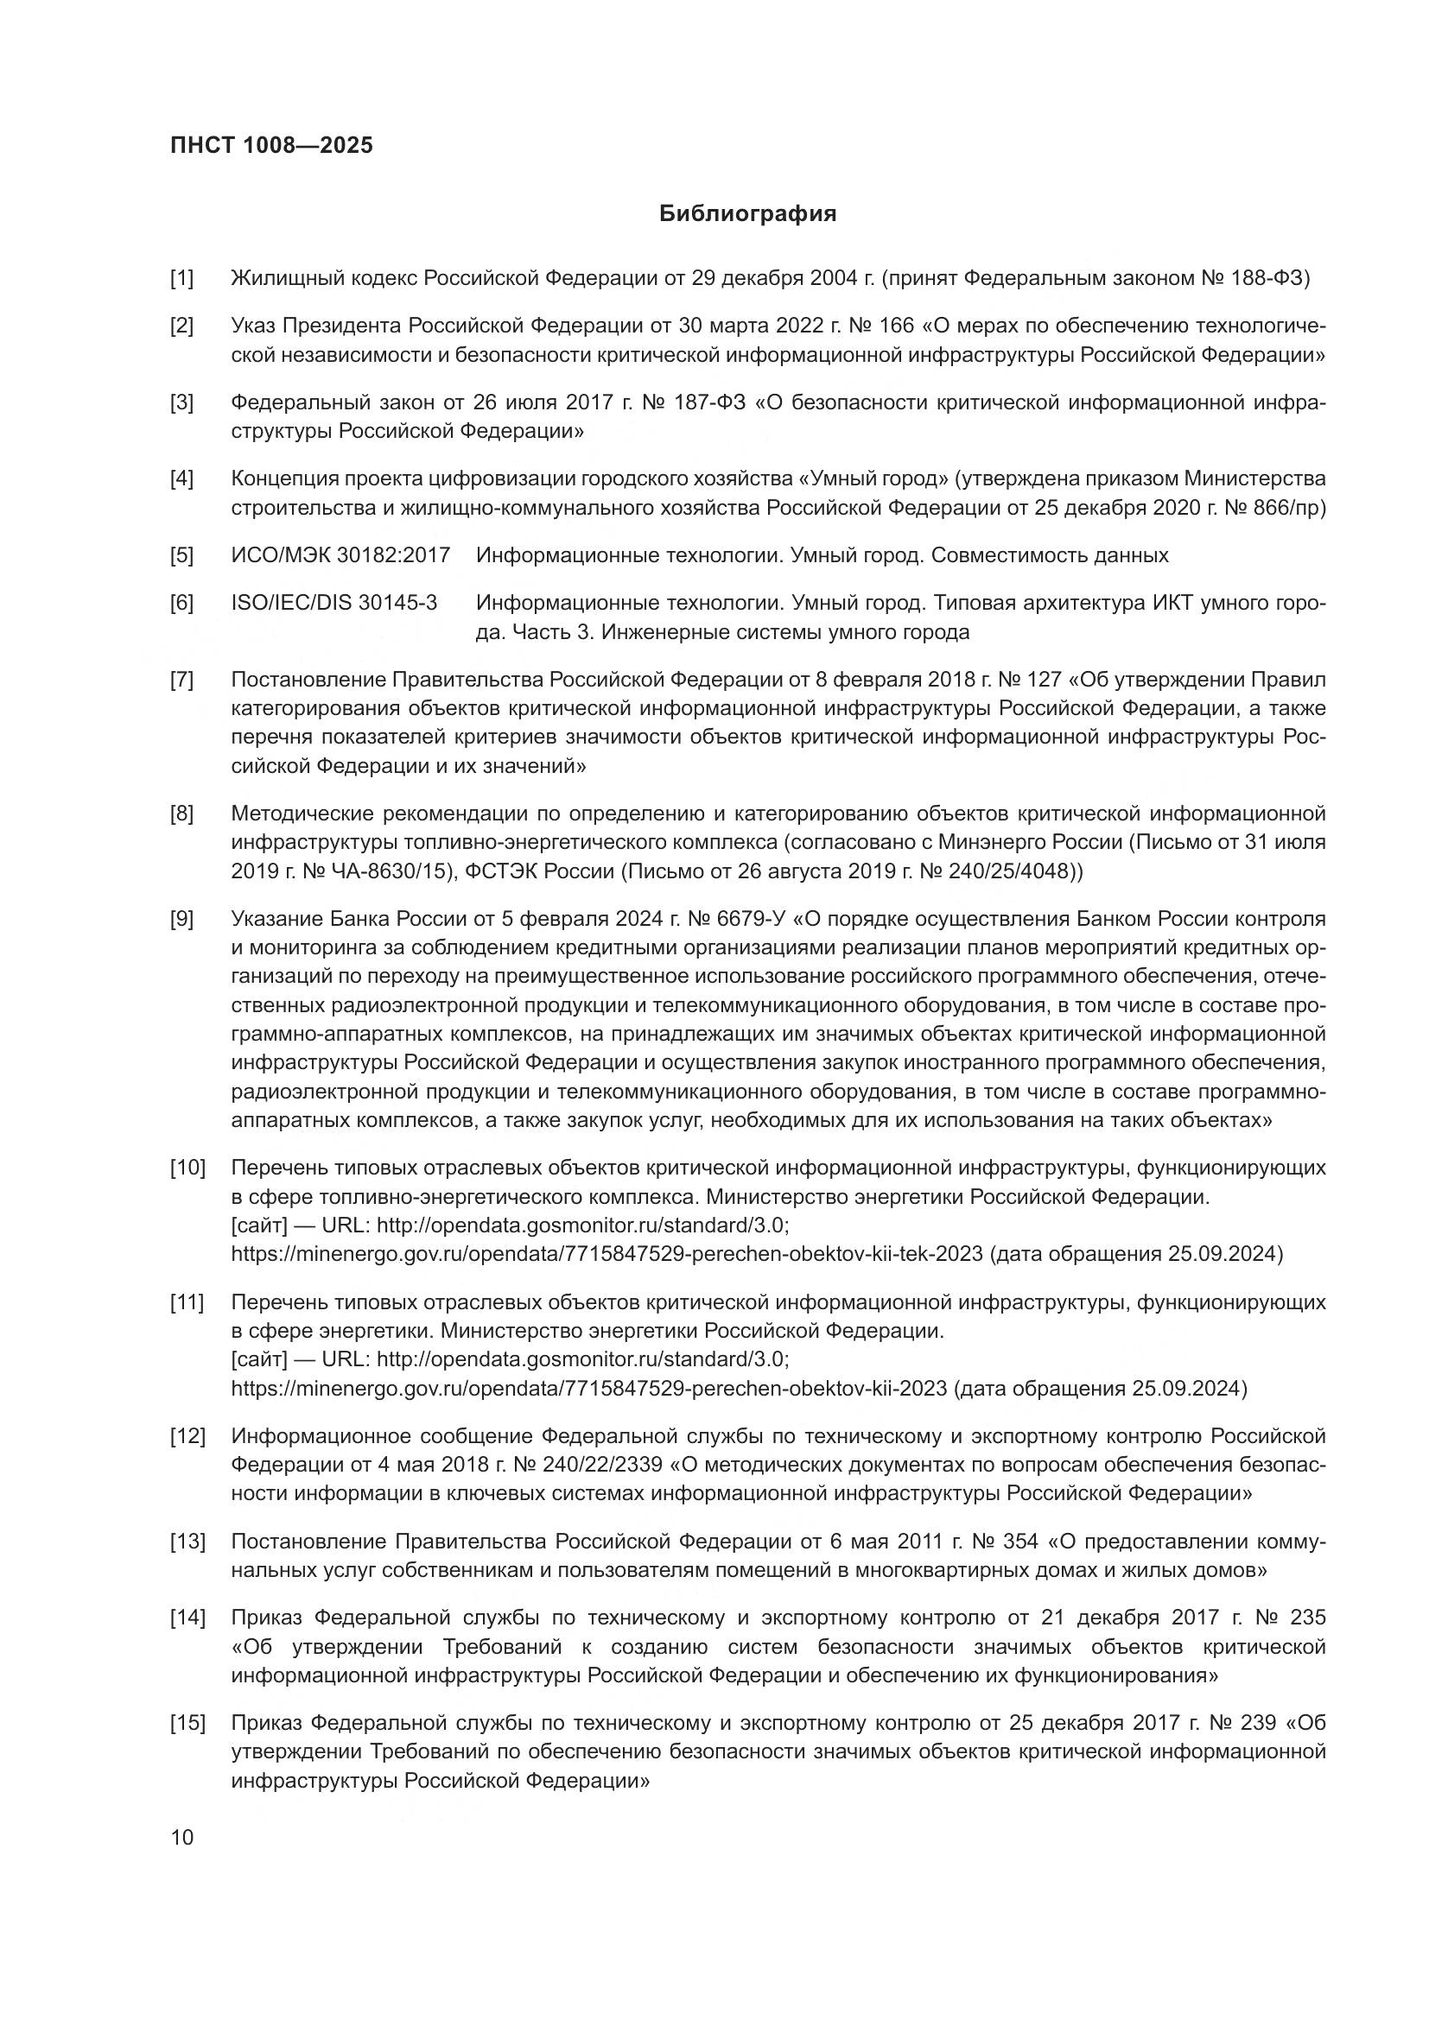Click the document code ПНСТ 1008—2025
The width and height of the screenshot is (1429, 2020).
[x=271, y=145]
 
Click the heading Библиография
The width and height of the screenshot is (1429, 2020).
[x=748, y=214]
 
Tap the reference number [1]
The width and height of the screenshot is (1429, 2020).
[x=182, y=279]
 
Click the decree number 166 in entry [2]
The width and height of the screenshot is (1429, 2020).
[x=896, y=326]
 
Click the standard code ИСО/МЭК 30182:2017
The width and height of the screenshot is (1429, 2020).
[x=340, y=555]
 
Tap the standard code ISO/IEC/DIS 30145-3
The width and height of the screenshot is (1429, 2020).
[x=334, y=603]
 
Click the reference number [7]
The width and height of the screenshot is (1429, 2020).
[x=182, y=679]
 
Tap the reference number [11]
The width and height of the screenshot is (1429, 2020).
[x=187, y=1301]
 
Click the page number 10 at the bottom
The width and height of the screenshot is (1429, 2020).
[x=182, y=1837]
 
